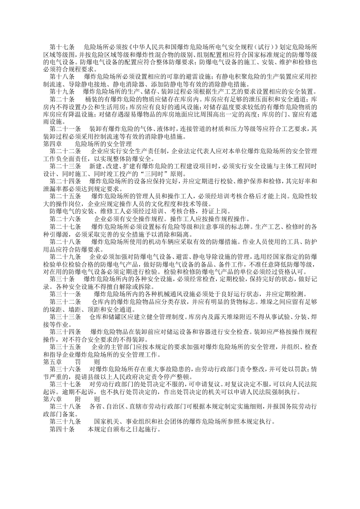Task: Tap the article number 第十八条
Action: point(62,77)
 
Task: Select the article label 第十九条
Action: point(62,92)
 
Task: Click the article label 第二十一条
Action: point(65,129)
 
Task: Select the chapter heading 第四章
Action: point(52,144)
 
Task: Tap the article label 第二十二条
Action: point(65,151)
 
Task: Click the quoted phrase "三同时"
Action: point(153,174)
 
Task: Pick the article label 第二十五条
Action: point(65,196)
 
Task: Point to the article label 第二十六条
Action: point(65,219)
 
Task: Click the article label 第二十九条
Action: point(65,256)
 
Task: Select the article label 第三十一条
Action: point(65,294)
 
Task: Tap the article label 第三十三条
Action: point(65,317)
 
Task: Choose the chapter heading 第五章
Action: point(52,362)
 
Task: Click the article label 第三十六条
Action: point(65,369)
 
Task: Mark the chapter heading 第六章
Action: point(52,399)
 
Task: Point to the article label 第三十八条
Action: point(65,407)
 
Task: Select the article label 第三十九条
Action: point(65,422)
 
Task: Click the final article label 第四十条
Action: point(62,429)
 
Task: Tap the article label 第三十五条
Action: point(65,347)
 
